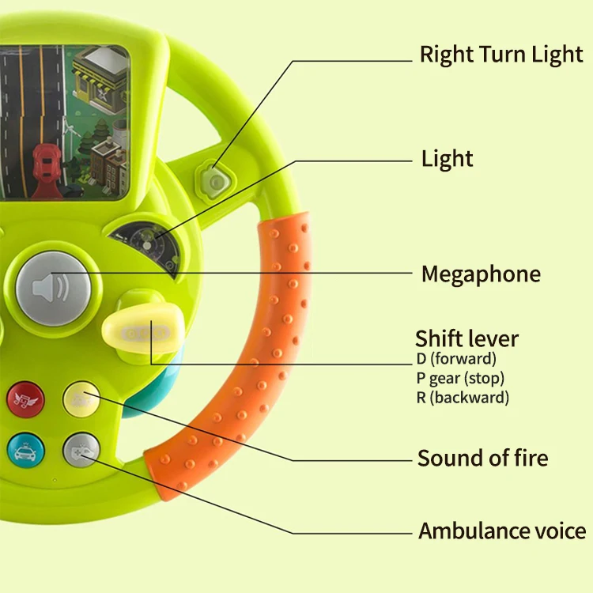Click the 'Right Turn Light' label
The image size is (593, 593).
coord(500,55)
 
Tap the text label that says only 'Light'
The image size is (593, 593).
coord(447,159)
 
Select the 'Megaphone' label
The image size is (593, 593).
coord(481,274)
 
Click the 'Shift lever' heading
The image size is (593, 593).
coord(466,339)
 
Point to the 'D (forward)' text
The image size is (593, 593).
coord(456,361)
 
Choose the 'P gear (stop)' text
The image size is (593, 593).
coord(460,379)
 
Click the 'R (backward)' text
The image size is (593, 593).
coord(463,397)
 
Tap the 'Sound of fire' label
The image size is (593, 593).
coord(482,458)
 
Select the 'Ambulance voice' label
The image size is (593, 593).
coord(502,531)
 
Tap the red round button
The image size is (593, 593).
coord(25,398)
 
